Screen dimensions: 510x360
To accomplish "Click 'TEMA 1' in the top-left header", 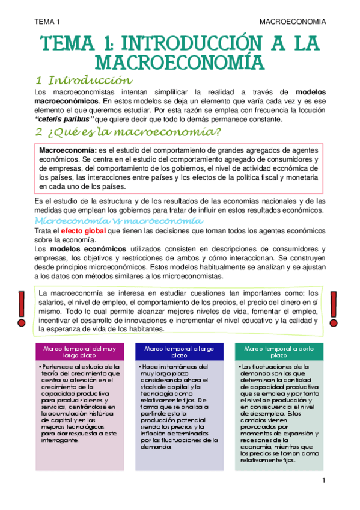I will pyautogui.click(x=47, y=22).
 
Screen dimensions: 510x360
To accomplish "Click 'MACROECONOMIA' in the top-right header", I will pyautogui.click(x=293, y=22).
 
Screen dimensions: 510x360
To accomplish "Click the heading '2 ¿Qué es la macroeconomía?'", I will pyautogui.click(x=127, y=132).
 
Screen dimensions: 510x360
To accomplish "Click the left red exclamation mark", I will pyautogui.click(x=22, y=306).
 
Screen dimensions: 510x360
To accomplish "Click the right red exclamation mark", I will pyautogui.click(x=334, y=306).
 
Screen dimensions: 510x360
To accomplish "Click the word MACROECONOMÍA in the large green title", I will pyautogui.click(x=180, y=62).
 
